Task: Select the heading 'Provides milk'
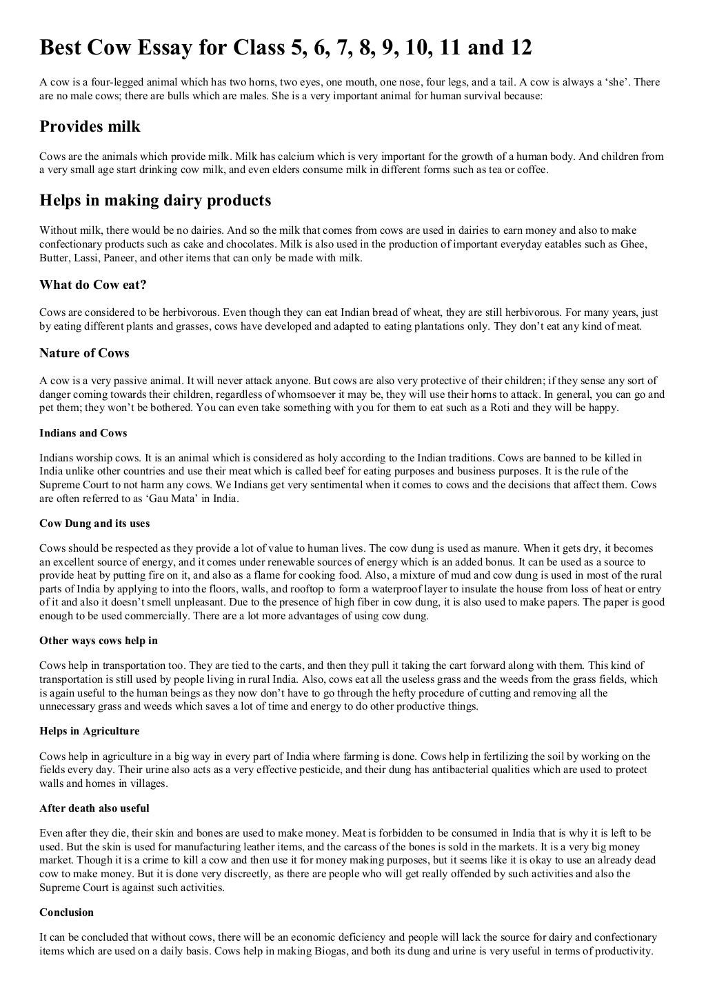click(x=90, y=126)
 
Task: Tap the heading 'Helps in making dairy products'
click(x=155, y=201)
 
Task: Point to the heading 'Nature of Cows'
click(x=84, y=353)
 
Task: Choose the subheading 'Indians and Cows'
click(x=83, y=433)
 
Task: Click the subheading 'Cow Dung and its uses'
click(x=94, y=523)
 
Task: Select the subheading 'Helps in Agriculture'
click(x=90, y=731)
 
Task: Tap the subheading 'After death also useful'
click(x=94, y=808)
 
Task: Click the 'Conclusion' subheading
click(x=67, y=912)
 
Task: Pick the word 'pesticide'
click(x=307, y=770)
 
